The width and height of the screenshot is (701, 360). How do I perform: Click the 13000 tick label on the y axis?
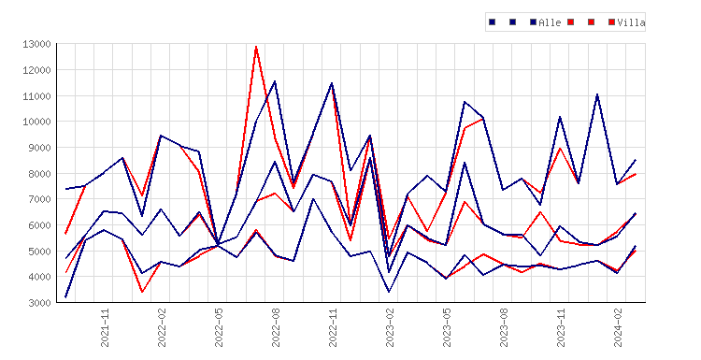[x=36, y=44]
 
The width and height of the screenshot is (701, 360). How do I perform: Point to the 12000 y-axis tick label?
[x=36, y=70]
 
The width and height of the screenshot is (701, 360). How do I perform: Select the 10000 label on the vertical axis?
[x=36, y=122]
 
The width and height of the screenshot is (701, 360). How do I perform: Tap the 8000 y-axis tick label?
[x=39, y=174]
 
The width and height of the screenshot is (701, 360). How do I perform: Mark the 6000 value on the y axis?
[x=39, y=225]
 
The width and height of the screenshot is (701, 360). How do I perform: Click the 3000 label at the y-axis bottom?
[x=39, y=303]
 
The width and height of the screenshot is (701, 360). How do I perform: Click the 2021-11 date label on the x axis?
[x=105, y=327]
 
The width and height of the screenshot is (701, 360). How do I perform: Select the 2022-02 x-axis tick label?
[x=162, y=327]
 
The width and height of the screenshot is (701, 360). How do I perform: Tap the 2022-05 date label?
[x=219, y=327]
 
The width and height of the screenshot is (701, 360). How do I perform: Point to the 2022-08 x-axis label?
[x=276, y=327]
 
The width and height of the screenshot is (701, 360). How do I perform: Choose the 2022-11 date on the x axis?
[x=333, y=327]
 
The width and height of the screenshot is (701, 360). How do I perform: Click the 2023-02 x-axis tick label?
[x=390, y=327]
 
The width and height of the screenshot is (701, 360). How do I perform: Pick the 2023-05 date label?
[x=447, y=327]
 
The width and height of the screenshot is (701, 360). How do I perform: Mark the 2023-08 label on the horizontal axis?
[x=504, y=327]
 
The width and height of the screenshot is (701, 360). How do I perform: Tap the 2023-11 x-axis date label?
[x=561, y=327]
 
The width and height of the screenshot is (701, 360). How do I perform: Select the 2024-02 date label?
[x=618, y=327]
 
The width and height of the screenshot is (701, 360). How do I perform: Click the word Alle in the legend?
[x=550, y=22]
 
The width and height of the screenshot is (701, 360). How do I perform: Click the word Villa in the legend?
[x=631, y=22]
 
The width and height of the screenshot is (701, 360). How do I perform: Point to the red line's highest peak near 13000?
[x=256, y=46]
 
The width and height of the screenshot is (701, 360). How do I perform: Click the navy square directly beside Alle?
[x=533, y=22]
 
